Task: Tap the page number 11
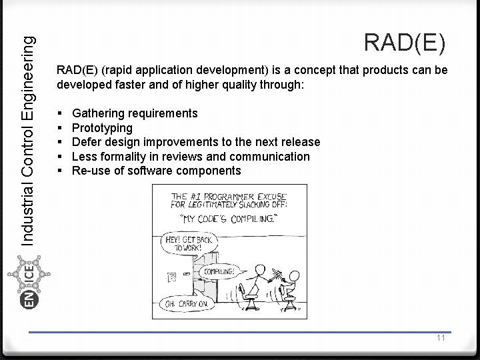(x=441, y=338)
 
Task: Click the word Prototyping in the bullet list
(x=102, y=127)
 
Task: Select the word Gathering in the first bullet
(x=98, y=113)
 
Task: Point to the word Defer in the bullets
(x=86, y=142)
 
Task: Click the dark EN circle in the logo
(x=30, y=300)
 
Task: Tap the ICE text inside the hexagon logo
(x=30, y=275)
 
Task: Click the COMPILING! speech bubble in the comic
(x=218, y=271)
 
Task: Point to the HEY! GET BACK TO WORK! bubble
(x=191, y=242)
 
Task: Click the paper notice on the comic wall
(x=172, y=275)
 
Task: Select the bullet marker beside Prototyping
(x=60, y=127)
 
